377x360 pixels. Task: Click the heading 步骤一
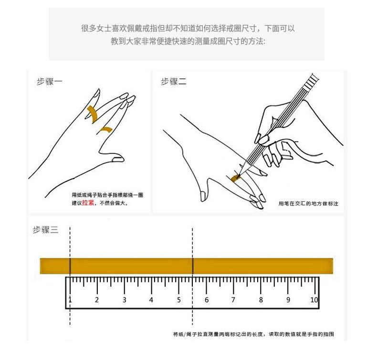pyautogui.click(x=50, y=82)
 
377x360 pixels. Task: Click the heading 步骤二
pyautogui.click(x=174, y=82)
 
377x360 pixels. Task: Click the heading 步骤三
pyautogui.click(x=45, y=230)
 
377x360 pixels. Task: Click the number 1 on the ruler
pyautogui.click(x=70, y=300)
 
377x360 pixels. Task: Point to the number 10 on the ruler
pyautogui.click(x=314, y=300)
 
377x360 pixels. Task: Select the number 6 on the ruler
pyautogui.click(x=207, y=300)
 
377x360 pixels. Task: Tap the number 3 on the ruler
pyautogui.click(x=124, y=300)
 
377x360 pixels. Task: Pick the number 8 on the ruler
pyautogui.click(x=261, y=300)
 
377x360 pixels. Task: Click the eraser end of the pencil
pyautogui.click(x=313, y=76)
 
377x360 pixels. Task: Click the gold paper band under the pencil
pyautogui.click(x=236, y=179)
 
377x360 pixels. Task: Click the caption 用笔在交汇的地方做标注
pyautogui.click(x=308, y=204)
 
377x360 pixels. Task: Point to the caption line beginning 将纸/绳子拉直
pyautogui.click(x=253, y=334)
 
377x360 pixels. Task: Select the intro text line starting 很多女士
pyautogui.click(x=188, y=29)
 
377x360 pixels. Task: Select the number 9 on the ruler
pyautogui.click(x=288, y=300)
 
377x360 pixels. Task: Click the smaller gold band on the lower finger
pyautogui.click(x=105, y=129)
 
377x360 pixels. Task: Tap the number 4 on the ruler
pyautogui.click(x=151, y=300)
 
